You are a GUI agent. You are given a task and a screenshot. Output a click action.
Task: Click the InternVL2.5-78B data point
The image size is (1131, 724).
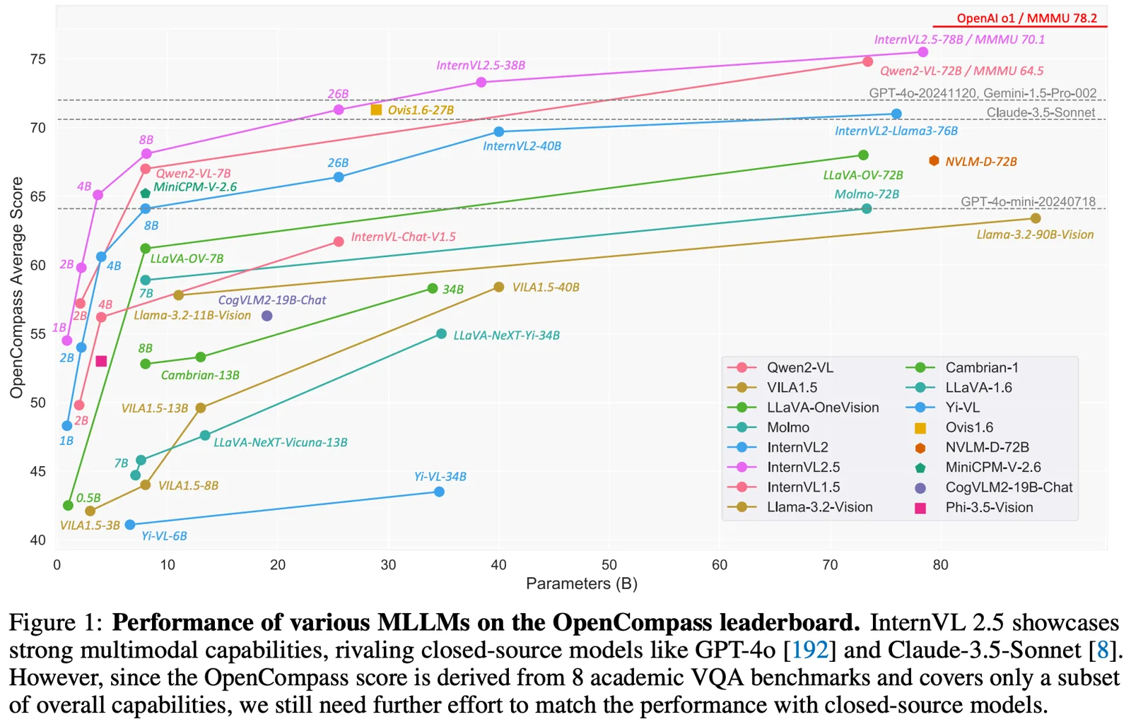922,52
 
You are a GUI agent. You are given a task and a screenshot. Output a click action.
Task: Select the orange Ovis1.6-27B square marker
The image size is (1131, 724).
376,109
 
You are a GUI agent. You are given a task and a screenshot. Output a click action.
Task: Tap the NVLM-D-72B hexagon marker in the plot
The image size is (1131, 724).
934,161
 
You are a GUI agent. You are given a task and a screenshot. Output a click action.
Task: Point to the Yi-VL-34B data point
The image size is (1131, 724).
439,492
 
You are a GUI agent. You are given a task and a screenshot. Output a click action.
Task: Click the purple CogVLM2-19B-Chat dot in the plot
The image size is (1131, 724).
266,316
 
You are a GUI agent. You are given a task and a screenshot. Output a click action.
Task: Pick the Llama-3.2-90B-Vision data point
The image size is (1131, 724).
1036,218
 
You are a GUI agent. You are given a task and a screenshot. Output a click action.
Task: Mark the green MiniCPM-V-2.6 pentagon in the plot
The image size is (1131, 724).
146,193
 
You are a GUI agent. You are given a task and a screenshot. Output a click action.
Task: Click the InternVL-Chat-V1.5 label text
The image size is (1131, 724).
403,237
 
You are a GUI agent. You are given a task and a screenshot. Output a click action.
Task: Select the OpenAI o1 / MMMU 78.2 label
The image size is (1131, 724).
1026,18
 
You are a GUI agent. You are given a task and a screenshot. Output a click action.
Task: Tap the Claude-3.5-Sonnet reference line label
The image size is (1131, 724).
1041,112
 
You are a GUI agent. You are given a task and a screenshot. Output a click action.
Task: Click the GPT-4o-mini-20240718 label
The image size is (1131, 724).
1028,201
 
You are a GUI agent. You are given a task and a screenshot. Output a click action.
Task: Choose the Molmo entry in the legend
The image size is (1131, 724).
787,427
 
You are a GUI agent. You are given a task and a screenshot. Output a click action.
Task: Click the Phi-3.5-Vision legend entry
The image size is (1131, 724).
989,507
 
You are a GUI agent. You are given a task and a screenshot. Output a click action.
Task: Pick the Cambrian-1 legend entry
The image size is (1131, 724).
981,367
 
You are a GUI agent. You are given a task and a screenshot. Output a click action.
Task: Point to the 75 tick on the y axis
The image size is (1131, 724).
38,59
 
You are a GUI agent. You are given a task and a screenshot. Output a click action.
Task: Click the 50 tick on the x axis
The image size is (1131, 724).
609,565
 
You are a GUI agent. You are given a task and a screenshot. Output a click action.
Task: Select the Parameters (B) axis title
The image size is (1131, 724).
581,583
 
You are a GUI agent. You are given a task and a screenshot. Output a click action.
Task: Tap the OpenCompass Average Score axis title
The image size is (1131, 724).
16,287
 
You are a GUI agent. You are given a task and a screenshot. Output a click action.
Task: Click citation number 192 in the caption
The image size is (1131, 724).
809,650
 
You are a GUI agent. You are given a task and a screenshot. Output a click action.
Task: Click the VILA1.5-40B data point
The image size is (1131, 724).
499,287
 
